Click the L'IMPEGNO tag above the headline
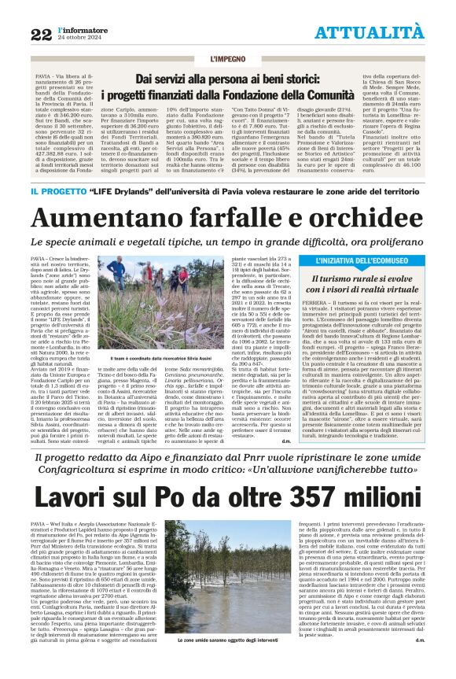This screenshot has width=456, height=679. [228, 60]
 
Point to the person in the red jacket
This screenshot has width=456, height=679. [184, 278]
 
